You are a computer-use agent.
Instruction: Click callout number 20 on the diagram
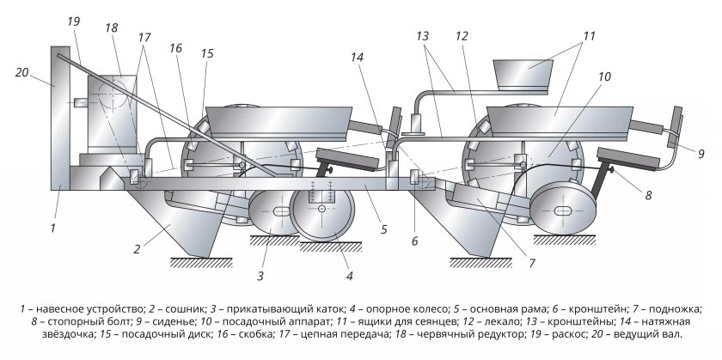[22, 72]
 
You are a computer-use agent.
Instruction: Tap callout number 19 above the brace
[73, 21]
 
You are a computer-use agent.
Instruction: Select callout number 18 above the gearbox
[111, 27]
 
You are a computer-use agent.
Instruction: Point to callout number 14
[357, 57]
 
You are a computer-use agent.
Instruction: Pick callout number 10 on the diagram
[604, 76]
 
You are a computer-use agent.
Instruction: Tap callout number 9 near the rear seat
[701, 154]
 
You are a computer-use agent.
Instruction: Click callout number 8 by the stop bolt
[648, 195]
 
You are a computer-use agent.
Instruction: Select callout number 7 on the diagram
[532, 263]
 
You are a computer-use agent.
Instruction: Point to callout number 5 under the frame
[384, 229]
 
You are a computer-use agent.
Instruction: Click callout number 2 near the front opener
[137, 249]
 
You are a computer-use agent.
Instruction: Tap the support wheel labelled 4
[321, 210]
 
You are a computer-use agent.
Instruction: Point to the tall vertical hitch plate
[60, 118]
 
